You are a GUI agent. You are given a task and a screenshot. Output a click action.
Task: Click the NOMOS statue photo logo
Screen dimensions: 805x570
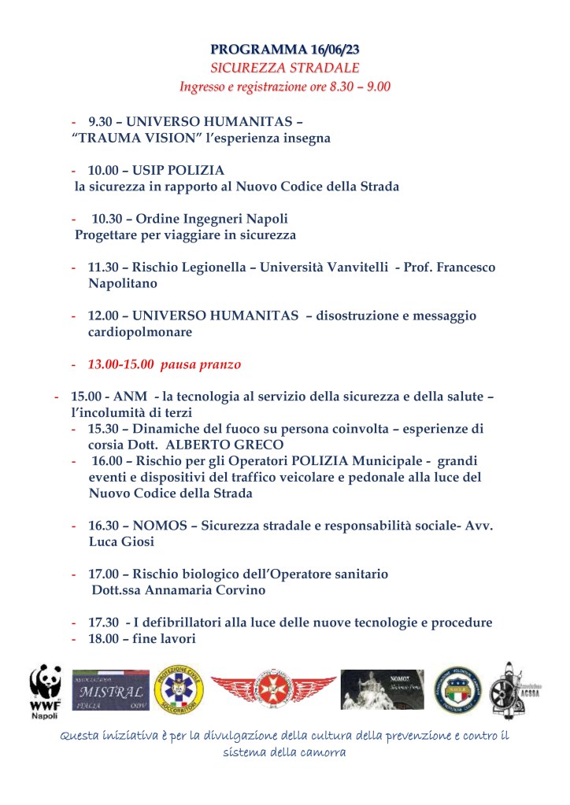click(382, 689)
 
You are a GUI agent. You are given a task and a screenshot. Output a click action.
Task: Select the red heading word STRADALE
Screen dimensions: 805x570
click(324, 68)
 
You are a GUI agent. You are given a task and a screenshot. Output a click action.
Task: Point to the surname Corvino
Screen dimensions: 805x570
click(237, 590)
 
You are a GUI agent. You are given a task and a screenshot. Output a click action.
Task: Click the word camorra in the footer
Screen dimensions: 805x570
click(319, 752)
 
